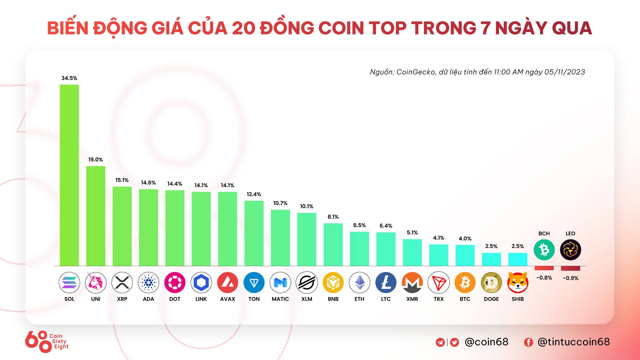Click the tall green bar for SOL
pyautogui.click(x=69, y=175)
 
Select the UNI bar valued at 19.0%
pyautogui.click(x=96, y=216)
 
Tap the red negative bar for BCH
pyautogui.click(x=544, y=268)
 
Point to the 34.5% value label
pyautogui.click(x=69, y=78)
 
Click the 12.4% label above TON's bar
pyautogui.click(x=254, y=194)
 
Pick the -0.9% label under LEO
pyautogui.click(x=571, y=278)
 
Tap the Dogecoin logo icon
pyautogui.click(x=491, y=283)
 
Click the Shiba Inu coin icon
pyautogui.click(x=518, y=283)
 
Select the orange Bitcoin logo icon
pyautogui.click(x=465, y=283)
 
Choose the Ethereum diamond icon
pyautogui.click(x=359, y=283)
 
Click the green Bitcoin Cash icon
pyautogui.click(x=544, y=250)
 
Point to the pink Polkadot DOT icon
pyautogui.click(x=175, y=283)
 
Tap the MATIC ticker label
pyautogui.click(x=280, y=299)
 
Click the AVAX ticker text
pyautogui.click(x=228, y=299)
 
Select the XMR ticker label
pyautogui.click(x=412, y=299)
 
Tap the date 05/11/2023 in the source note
pyautogui.click(x=565, y=72)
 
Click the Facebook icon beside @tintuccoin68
pyautogui.click(x=528, y=342)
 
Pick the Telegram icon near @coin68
pyautogui.click(x=440, y=342)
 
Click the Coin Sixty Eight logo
pyautogui.click(x=47, y=341)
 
